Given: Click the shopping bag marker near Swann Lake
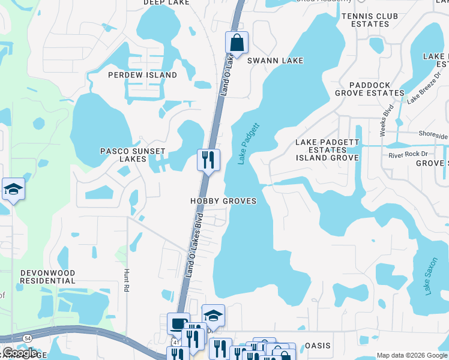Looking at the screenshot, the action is (237, 43).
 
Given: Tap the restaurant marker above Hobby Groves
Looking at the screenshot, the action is (208, 160).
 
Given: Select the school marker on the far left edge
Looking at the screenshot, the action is (13, 190).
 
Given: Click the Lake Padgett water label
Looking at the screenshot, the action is (248, 143).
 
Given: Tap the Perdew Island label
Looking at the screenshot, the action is (142, 75).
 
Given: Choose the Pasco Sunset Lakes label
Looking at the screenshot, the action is (124, 155).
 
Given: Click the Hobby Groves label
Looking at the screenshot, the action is (223, 201).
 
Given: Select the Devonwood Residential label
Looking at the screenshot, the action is (48, 277).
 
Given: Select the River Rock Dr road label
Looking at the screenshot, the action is (409, 155).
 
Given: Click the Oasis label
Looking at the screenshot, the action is (318, 346).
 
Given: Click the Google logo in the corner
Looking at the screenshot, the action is (20, 353).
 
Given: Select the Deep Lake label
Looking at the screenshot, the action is (166, 2).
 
